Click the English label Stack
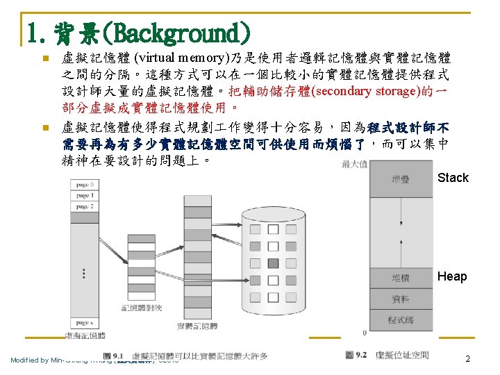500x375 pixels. click(x=453, y=178)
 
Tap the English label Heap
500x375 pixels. click(x=452, y=276)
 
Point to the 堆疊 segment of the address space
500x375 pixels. click(x=401, y=178)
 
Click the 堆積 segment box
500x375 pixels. click(x=401, y=278)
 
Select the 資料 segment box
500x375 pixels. click(x=401, y=299)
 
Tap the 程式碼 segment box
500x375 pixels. click(x=401, y=320)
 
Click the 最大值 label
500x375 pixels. click(x=354, y=165)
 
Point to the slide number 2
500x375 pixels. click(x=467, y=359)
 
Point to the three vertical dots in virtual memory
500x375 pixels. click(x=85, y=273)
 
